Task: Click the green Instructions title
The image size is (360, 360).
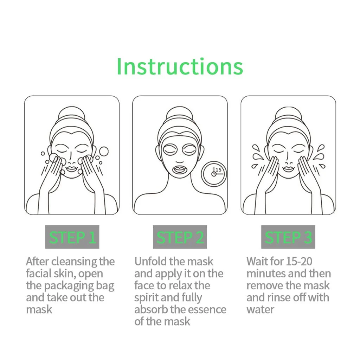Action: click(180, 66)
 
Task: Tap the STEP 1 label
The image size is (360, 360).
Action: click(72, 237)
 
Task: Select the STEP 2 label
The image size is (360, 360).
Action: click(180, 237)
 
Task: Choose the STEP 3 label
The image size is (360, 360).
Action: click(288, 237)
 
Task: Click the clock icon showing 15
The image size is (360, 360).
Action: click(214, 173)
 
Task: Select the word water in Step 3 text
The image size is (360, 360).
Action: click(261, 309)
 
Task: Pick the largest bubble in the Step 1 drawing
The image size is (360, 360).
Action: click(104, 151)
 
